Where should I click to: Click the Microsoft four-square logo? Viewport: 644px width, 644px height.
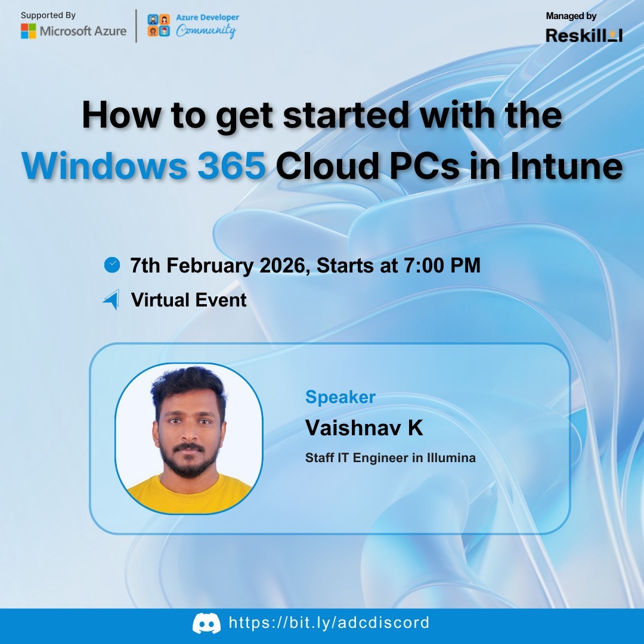pyautogui.click(x=28, y=31)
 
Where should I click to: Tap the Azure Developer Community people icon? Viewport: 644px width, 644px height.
pyautogui.click(x=158, y=26)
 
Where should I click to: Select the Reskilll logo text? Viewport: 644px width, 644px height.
pyautogui.click(x=584, y=35)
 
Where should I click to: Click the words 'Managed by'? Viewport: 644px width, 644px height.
pyautogui.click(x=571, y=16)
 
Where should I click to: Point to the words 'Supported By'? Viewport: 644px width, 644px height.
pyautogui.click(x=48, y=15)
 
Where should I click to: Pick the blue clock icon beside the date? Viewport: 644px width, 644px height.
pyautogui.click(x=112, y=264)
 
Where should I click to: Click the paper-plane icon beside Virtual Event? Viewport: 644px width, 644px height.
pyautogui.click(x=112, y=299)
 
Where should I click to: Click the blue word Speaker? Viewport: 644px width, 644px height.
pyautogui.click(x=340, y=397)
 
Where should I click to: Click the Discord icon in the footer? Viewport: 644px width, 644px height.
pyautogui.click(x=206, y=624)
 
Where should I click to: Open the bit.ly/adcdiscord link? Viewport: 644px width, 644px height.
pyautogui.click(x=329, y=623)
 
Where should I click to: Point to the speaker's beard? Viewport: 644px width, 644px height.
pyautogui.click(x=189, y=462)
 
